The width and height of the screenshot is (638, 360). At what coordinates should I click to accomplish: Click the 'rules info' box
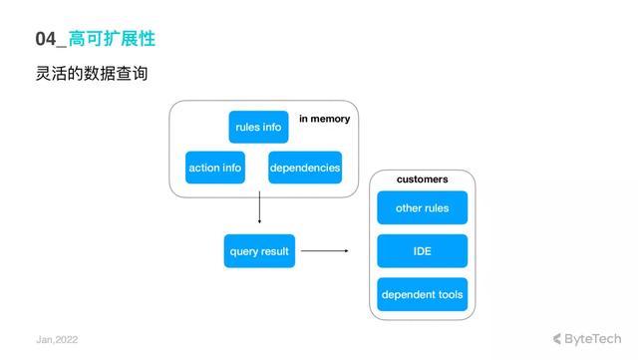(258, 127)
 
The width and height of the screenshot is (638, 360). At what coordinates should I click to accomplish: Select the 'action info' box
(215, 168)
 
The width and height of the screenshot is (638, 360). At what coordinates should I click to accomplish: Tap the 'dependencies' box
(305, 168)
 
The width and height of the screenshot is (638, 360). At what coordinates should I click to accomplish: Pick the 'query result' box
(258, 251)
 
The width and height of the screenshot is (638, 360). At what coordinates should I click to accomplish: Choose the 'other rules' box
(422, 208)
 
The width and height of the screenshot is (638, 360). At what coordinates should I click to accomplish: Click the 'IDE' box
(422, 251)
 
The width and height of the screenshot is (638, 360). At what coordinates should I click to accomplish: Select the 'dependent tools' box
(422, 294)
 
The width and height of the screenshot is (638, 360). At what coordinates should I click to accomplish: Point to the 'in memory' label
(324, 119)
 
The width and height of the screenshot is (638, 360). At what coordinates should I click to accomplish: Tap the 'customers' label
(422, 180)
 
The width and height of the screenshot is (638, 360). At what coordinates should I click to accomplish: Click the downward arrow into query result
(259, 209)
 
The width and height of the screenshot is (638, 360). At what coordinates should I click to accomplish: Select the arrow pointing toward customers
(324, 251)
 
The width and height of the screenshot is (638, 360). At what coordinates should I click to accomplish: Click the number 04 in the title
(46, 39)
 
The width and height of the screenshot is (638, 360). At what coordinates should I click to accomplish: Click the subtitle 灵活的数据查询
(91, 74)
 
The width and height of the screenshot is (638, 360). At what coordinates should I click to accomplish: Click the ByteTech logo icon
(557, 338)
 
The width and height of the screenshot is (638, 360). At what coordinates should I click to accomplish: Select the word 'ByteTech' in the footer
(593, 338)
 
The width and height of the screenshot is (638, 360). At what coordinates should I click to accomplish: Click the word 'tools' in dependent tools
(448, 294)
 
